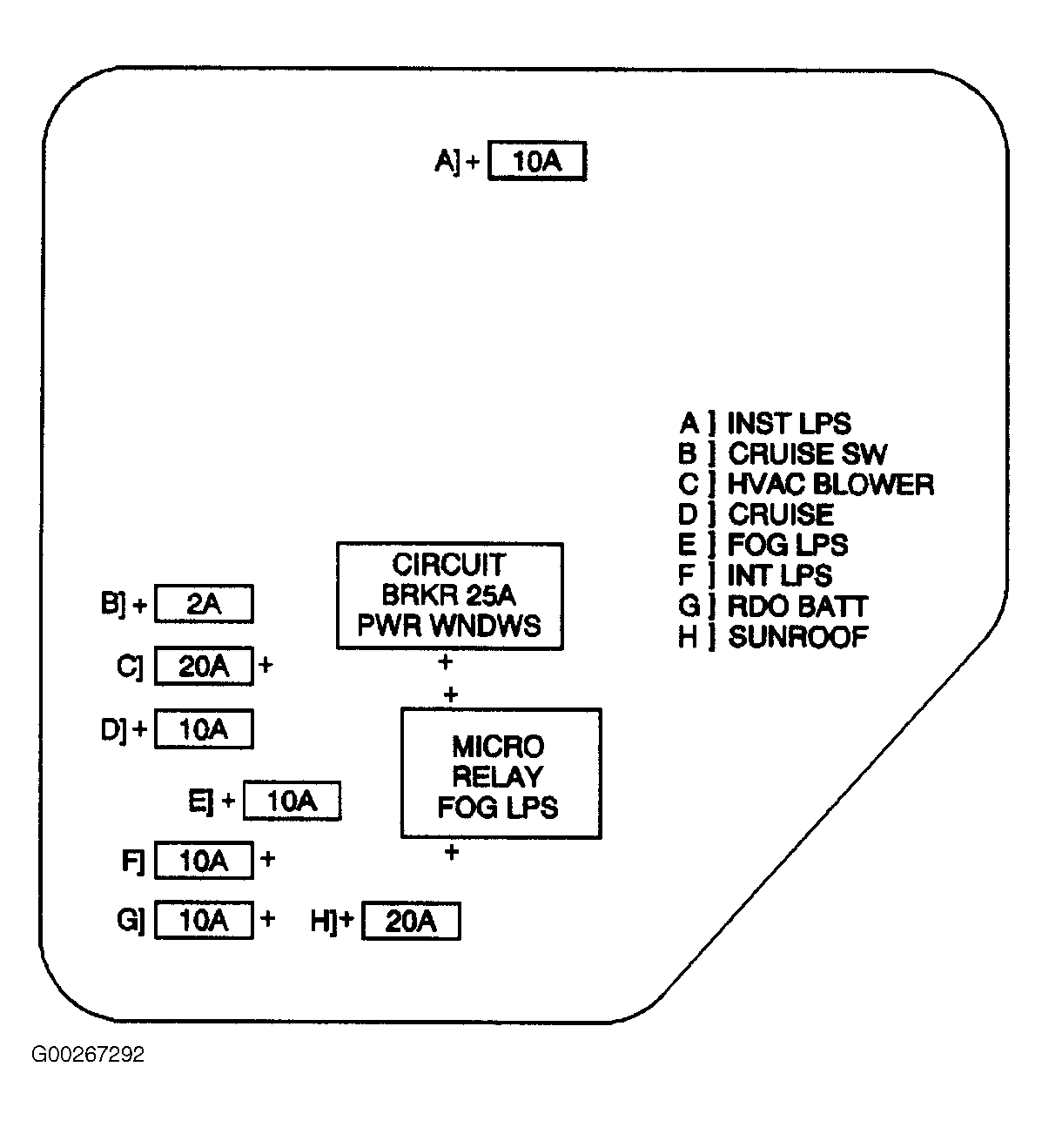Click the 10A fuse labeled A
pos(536,161)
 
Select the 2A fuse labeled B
pos(204,604)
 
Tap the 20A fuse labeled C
pos(204,666)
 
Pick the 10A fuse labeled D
pos(204,729)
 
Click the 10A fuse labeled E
pos(292,801)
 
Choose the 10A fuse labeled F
pos(204,860)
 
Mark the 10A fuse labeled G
pos(204,920)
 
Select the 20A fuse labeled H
pos(410,921)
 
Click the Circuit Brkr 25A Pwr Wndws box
pos(449,596)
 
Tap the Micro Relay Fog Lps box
pos(501,774)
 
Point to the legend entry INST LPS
pos(788,424)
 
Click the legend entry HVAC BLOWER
pos(830,484)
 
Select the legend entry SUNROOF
pos(797,636)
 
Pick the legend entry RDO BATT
pos(797,606)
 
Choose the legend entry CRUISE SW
pos(807,453)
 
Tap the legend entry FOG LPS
pos(787,545)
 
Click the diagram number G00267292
pos(88,1055)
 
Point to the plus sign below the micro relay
pos(451,852)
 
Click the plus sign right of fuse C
pos(266,666)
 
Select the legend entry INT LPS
pos(779,575)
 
